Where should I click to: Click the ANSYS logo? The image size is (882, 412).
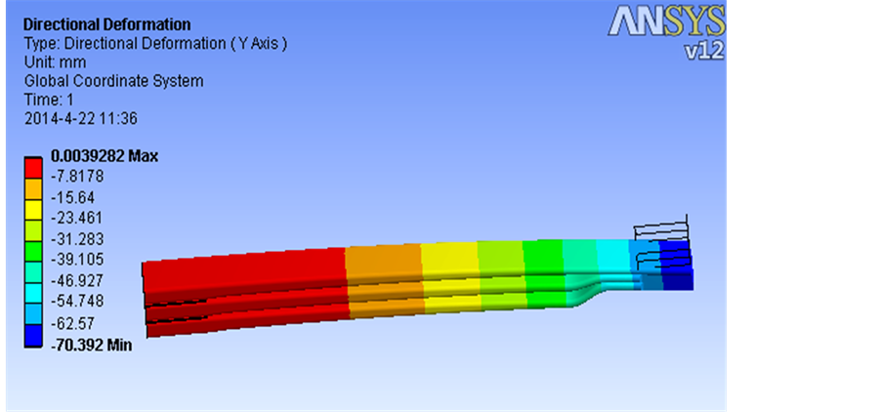(666, 21)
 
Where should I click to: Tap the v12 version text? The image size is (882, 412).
(703, 51)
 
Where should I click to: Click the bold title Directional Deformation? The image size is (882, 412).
(106, 24)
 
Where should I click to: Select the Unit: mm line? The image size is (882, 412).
(55, 62)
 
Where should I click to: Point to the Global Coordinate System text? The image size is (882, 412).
(113, 81)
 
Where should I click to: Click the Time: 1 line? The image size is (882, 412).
(49, 100)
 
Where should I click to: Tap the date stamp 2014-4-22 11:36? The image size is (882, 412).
(81, 119)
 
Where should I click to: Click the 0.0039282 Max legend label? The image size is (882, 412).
(105, 156)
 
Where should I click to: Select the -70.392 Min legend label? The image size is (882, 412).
(91, 345)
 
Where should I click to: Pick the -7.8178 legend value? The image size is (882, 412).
(77, 177)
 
